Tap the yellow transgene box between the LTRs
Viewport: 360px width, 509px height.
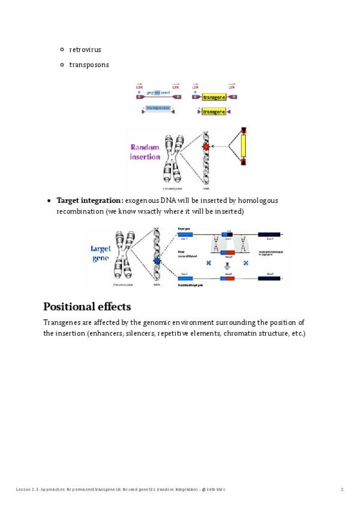(214, 97)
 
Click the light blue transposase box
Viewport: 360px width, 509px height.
(158, 108)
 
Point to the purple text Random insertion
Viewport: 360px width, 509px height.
(145, 152)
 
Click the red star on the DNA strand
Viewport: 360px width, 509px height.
(206, 146)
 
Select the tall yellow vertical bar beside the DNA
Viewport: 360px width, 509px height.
(243, 146)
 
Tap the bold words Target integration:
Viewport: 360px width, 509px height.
(90, 200)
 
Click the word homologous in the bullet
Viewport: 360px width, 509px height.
(258, 200)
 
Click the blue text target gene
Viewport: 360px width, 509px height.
(101, 253)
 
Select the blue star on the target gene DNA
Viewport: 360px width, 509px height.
(157, 261)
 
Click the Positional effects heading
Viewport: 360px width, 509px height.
(87, 307)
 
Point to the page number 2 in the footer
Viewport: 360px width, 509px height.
(342, 490)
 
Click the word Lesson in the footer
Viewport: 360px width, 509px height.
(22, 490)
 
